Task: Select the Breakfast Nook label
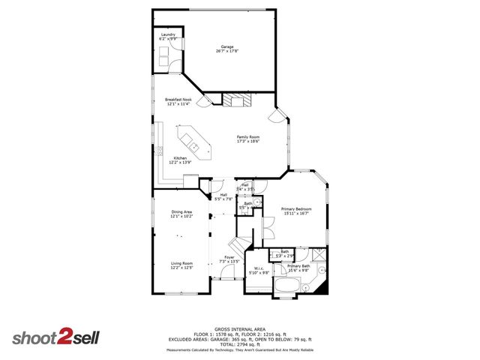click(x=178, y=102)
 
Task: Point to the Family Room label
click(x=248, y=139)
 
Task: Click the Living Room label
click(x=181, y=265)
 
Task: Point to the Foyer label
click(x=229, y=259)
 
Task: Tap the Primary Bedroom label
click(x=295, y=211)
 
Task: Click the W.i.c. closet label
click(x=259, y=271)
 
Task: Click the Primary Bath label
click(x=298, y=268)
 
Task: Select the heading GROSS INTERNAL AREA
click(x=240, y=328)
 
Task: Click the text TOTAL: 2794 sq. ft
click(x=240, y=343)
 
